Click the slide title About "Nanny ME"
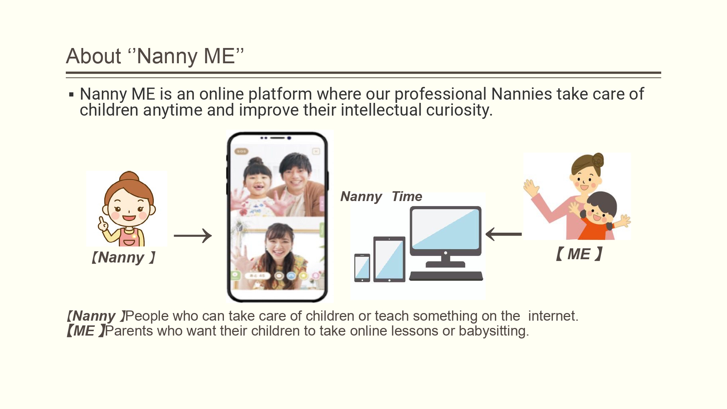click(155, 56)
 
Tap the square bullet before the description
click(71, 95)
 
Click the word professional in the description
click(440, 94)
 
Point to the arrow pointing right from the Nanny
click(193, 236)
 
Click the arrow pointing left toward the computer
click(503, 234)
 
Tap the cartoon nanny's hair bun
click(129, 177)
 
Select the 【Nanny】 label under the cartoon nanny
click(123, 257)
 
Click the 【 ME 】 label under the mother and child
click(579, 254)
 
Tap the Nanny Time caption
click(381, 197)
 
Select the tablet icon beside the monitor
click(389, 259)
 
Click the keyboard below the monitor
click(446, 276)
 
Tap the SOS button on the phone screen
click(241, 151)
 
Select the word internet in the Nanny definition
click(553, 316)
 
